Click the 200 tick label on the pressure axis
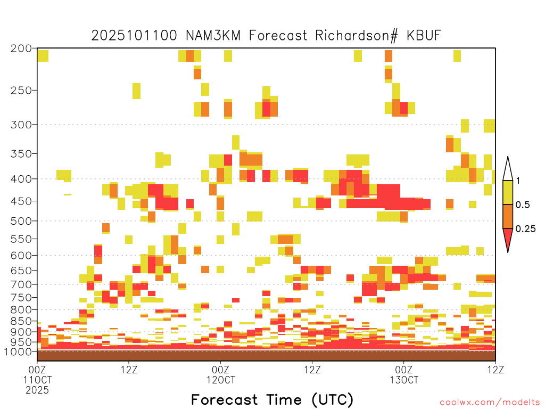[21, 48]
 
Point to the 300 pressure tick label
[21, 125]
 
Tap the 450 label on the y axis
[21, 201]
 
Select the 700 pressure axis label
[21, 284]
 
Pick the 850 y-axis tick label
[21, 321]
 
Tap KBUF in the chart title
[424, 36]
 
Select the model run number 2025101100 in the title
[134, 36]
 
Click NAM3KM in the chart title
[213, 36]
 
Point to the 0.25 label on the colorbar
[525, 229]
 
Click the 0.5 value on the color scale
[523, 205]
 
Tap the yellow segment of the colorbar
[508, 192]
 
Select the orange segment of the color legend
[508, 216]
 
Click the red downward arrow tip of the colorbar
[508, 252]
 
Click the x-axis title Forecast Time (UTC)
[272, 399]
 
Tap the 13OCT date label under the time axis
[404, 380]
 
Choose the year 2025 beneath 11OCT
[37, 390]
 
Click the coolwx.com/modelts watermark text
[490, 403]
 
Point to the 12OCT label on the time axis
[221, 380]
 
